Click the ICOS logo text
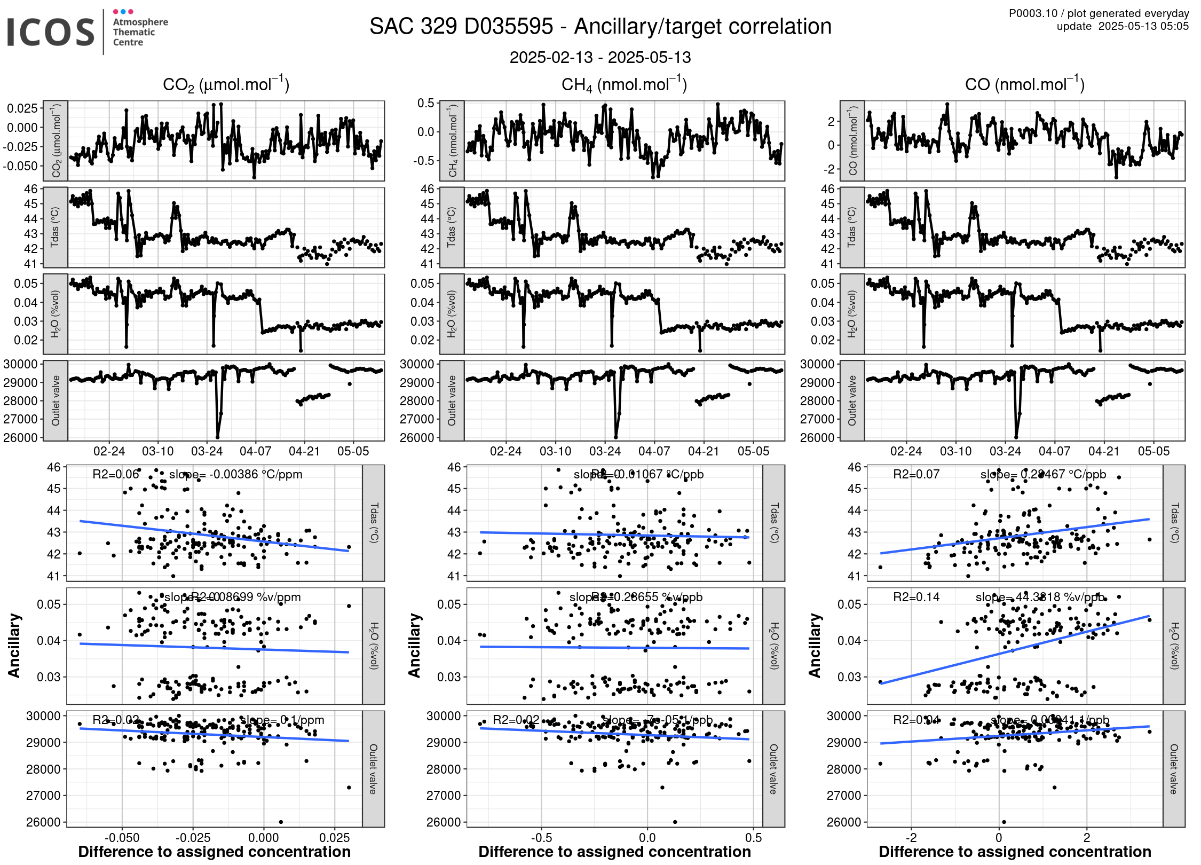(50, 32)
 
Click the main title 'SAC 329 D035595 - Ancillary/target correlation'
(600, 27)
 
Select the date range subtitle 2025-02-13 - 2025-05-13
(600, 57)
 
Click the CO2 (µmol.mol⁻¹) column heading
(226, 84)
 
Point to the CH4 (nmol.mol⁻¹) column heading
(624, 84)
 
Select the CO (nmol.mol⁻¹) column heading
(1024, 84)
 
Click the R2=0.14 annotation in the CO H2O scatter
(916, 597)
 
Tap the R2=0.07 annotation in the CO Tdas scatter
(916, 474)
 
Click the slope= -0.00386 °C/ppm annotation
(235, 474)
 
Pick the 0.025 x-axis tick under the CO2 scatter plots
(335, 837)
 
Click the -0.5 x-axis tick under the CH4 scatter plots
(541, 837)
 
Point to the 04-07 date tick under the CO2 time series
(255, 451)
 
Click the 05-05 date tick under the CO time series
(1153, 451)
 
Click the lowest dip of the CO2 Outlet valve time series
(217, 437)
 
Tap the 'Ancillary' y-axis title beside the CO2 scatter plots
(14, 646)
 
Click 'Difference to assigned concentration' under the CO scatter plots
(1015, 852)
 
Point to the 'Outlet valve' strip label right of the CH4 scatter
(773, 769)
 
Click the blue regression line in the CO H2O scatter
(1014, 650)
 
